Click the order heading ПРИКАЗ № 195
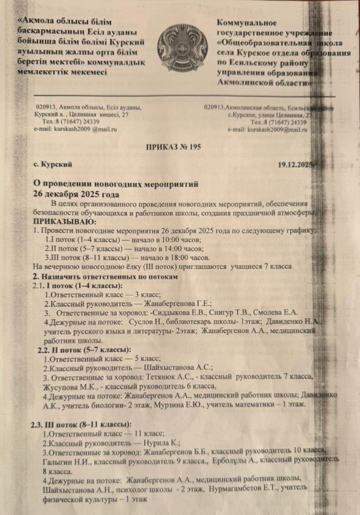pyautogui.click(x=173, y=147)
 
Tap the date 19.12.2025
pyautogui.click(x=295, y=165)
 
